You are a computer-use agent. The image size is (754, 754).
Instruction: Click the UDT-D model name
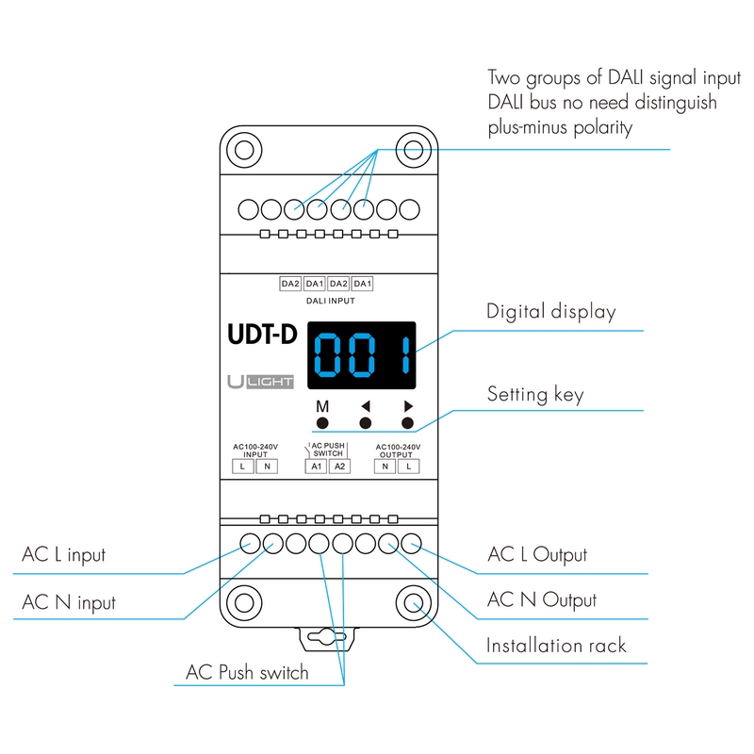pos(261,335)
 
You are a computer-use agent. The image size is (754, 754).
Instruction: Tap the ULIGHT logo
pos(261,382)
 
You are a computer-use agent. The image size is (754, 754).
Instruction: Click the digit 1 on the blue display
pos(403,357)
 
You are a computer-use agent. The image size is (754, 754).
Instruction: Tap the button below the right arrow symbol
pos(408,423)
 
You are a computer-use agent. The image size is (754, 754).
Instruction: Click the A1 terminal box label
pos(317,467)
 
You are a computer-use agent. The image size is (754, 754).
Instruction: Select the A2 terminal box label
pos(339,467)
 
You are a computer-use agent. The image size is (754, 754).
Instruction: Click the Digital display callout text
pos(550,311)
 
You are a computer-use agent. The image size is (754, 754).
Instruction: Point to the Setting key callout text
pos(534,393)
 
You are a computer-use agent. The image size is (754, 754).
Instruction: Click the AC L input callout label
pos(64,554)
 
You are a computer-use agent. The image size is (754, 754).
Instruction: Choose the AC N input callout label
pos(69,600)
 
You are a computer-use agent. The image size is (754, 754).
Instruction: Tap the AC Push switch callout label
pos(247,672)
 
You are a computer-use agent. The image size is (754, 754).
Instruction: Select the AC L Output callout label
pos(537,554)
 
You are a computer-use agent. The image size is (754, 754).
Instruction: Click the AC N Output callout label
pos(541,599)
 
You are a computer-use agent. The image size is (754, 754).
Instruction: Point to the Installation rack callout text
pos(555,646)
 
